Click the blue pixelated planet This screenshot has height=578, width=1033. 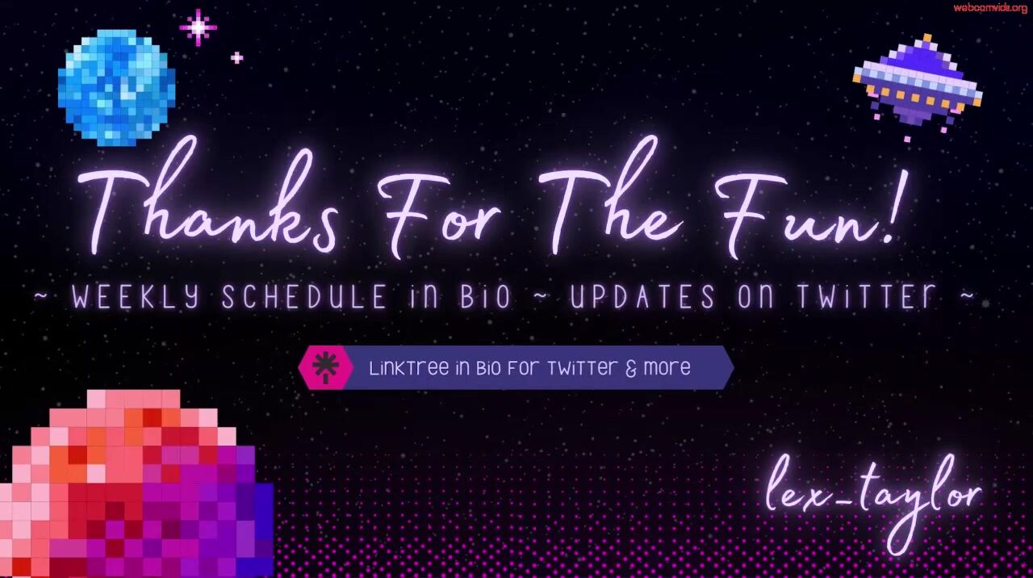pyautogui.click(x=117, y=88)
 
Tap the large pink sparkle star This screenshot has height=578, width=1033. pyautogui.click(x=199, y=27)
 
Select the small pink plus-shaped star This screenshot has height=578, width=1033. pyautogui.click(x=236, y=57)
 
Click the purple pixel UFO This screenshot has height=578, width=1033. pyautogui.click(x=918, y=86)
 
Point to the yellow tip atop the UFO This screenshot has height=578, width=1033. pyautogui.click(x=927, y=37)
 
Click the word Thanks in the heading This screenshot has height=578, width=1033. pyautogui.click(x=207, y=199)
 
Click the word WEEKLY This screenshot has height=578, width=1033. pyautogui.click(x=136, y=296)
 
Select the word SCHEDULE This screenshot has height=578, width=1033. pyautogui.click(x=305, y=296)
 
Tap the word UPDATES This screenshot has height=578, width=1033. pyautogui.click(x=643, y=296)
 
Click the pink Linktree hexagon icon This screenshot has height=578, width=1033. pyautogui.click(x=325, y=367)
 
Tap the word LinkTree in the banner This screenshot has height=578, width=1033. pyautogui.click(x=409, y=368)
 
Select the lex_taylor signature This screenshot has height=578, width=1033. pyautogui.click(x=874, y=501)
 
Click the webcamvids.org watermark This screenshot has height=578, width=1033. pyautogui.click(x=988, y=8)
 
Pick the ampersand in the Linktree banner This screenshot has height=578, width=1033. pyautogui.click(x=630, y=369)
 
